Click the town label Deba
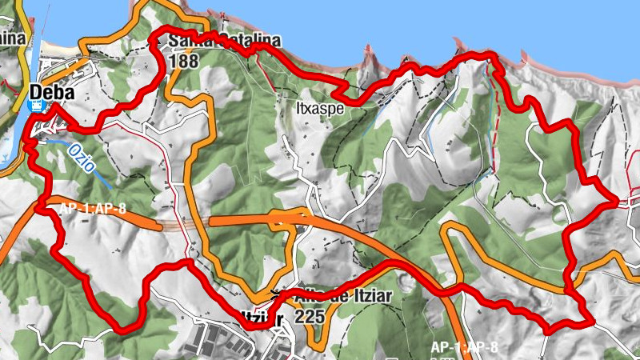pos(52,93)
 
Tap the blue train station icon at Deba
pos(35,104)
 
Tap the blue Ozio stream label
pos(83,157)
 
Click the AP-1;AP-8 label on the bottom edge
pos(464,347)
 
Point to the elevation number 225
pos(309,316)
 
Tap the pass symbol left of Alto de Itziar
pos(277,293)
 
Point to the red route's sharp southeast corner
pos(593,322)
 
